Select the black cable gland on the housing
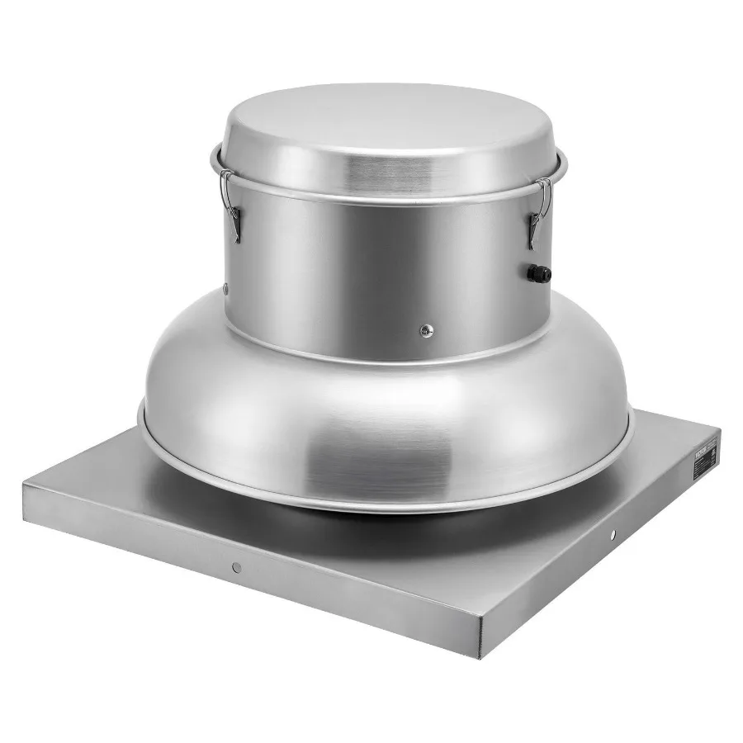point(538,271)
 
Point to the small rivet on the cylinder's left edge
point(225,288)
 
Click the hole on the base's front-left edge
point(236,566)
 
